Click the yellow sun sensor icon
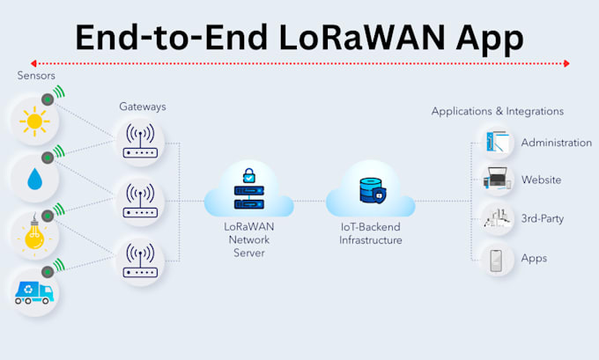pos(33,121)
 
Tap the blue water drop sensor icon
pos(33,179)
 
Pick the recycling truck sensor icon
pos(33,290)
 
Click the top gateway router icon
pos(140,141)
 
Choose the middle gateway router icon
pos(140,201)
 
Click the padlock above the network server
pos(249,175)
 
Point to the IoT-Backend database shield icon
pos(370,191)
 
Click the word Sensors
pos(36,77)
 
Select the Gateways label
pos(142,107)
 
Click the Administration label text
pos(556,143)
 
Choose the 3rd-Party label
pos(542,218)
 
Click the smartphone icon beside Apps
pos(497,258)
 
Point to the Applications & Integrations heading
pos(497,112)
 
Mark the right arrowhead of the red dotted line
pos(566,63)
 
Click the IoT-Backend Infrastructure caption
pos(370,234)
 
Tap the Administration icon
pos(497,142)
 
